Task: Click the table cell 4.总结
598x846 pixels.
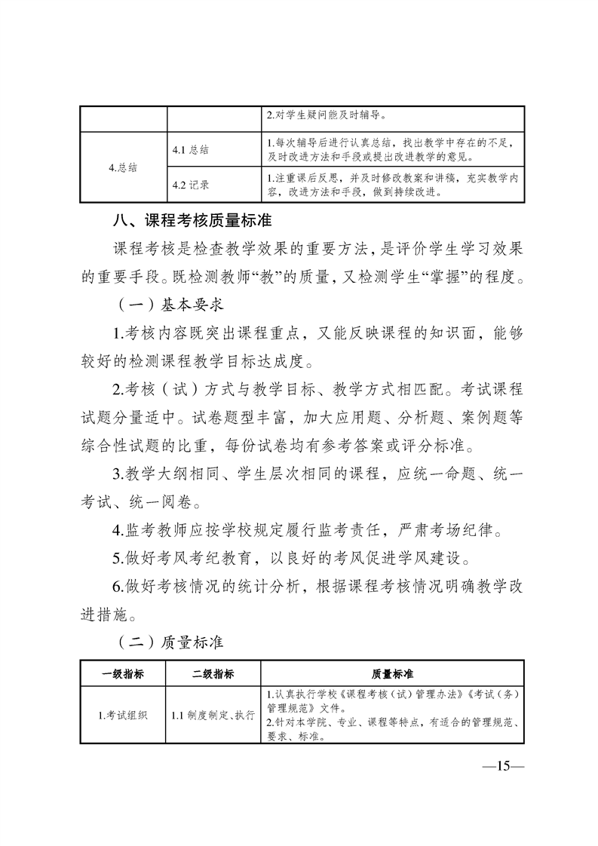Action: point(123,167)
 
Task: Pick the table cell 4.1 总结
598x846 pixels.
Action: point(191,149)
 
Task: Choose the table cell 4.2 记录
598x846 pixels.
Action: point(191,184)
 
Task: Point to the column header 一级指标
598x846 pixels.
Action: point(123,673)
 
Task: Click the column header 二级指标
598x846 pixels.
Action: point(213,673)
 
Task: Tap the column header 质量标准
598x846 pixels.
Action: point(392,673)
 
